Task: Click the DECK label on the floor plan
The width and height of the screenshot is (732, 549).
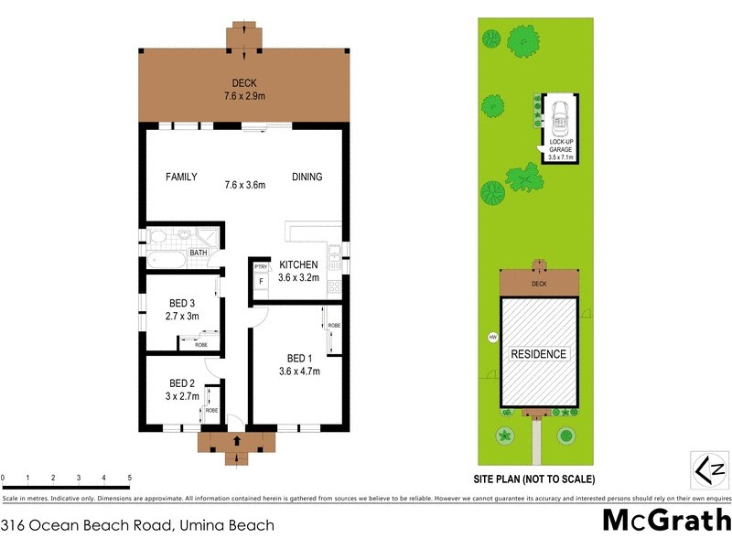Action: click(243, 81)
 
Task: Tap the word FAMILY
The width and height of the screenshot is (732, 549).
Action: click(181, 177)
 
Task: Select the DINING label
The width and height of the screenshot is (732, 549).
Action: click(307, 177)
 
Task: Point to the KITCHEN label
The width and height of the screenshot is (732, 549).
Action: click(298, 264)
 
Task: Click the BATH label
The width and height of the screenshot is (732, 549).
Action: click(198, 253)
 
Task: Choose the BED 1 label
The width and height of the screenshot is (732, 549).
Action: click(299, 358)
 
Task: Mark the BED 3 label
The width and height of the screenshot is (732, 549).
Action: click(182, 303)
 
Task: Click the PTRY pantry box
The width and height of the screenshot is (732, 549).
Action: click(261, 266)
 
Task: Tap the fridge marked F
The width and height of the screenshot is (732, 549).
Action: click(261, 281)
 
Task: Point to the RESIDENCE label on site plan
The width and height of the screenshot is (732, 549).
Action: click(539, 354)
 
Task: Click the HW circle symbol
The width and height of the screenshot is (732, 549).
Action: click(493, 337)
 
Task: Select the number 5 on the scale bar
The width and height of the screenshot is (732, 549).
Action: click(130, 478)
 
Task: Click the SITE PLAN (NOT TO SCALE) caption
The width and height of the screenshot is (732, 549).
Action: click(534, 479)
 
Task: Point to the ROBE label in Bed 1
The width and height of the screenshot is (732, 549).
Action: click(334, 325)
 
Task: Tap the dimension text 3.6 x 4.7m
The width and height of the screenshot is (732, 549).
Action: click(299, 371)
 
